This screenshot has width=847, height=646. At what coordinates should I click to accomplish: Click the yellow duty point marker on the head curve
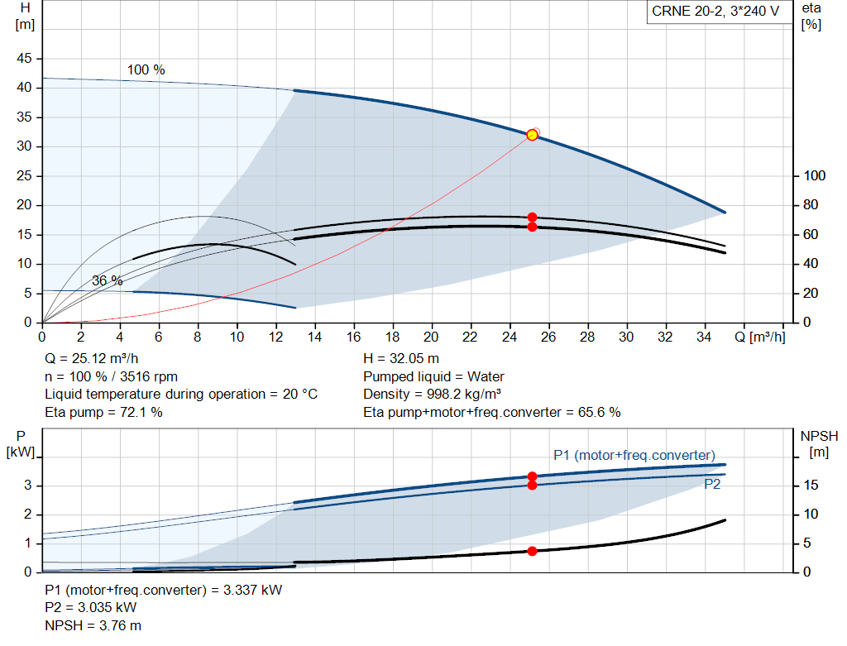532,135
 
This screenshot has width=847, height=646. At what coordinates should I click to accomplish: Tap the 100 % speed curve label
146,70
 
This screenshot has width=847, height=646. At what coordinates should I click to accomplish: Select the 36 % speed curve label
107,281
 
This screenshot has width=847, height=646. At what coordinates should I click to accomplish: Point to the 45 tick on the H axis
24,59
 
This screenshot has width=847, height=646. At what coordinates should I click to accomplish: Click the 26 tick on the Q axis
548,337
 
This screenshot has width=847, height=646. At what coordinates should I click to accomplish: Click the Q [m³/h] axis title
760,337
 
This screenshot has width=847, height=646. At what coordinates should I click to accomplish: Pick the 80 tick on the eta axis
811,205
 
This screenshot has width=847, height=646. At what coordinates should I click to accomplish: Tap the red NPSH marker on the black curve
532,551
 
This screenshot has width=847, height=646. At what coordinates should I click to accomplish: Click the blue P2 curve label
712,485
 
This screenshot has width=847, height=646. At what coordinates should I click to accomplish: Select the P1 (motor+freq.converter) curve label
634,455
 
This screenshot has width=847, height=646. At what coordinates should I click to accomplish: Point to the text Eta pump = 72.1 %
103,413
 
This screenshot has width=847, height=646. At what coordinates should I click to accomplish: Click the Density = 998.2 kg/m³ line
432,395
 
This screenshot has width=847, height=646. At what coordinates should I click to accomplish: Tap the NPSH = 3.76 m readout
93,625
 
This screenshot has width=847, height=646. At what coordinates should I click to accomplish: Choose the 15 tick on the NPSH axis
811,485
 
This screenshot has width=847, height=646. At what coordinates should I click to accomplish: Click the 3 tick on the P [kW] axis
27,485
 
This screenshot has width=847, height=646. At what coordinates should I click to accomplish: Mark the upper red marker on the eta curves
532,218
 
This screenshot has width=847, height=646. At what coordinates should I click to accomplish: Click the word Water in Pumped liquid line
486,376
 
